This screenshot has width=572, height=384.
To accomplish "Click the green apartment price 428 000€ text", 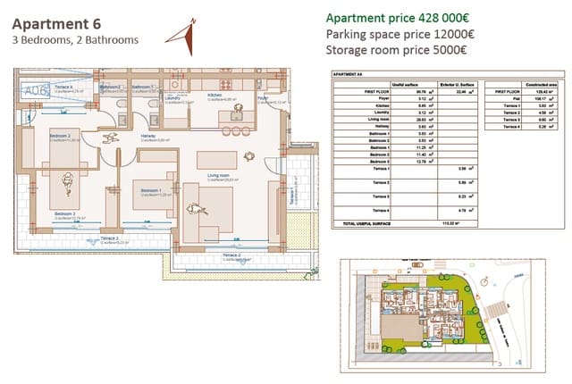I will [x=398, y=18].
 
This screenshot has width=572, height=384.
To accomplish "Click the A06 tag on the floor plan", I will [x=36, y=91].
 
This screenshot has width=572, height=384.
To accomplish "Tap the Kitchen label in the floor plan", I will [x=215, y=94].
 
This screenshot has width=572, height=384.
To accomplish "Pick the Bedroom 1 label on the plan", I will [x=148, y=190].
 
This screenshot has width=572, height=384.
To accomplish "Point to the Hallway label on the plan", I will [x=148, y=136].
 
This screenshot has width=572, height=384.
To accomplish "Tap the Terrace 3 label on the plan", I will [x=109, y=238].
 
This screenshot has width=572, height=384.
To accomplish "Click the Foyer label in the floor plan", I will [x=263, y=97].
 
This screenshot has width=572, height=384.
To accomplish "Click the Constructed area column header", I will [x=542, y=83].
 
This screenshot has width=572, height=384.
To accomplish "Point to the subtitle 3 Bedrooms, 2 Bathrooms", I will [x=75, y=40].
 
